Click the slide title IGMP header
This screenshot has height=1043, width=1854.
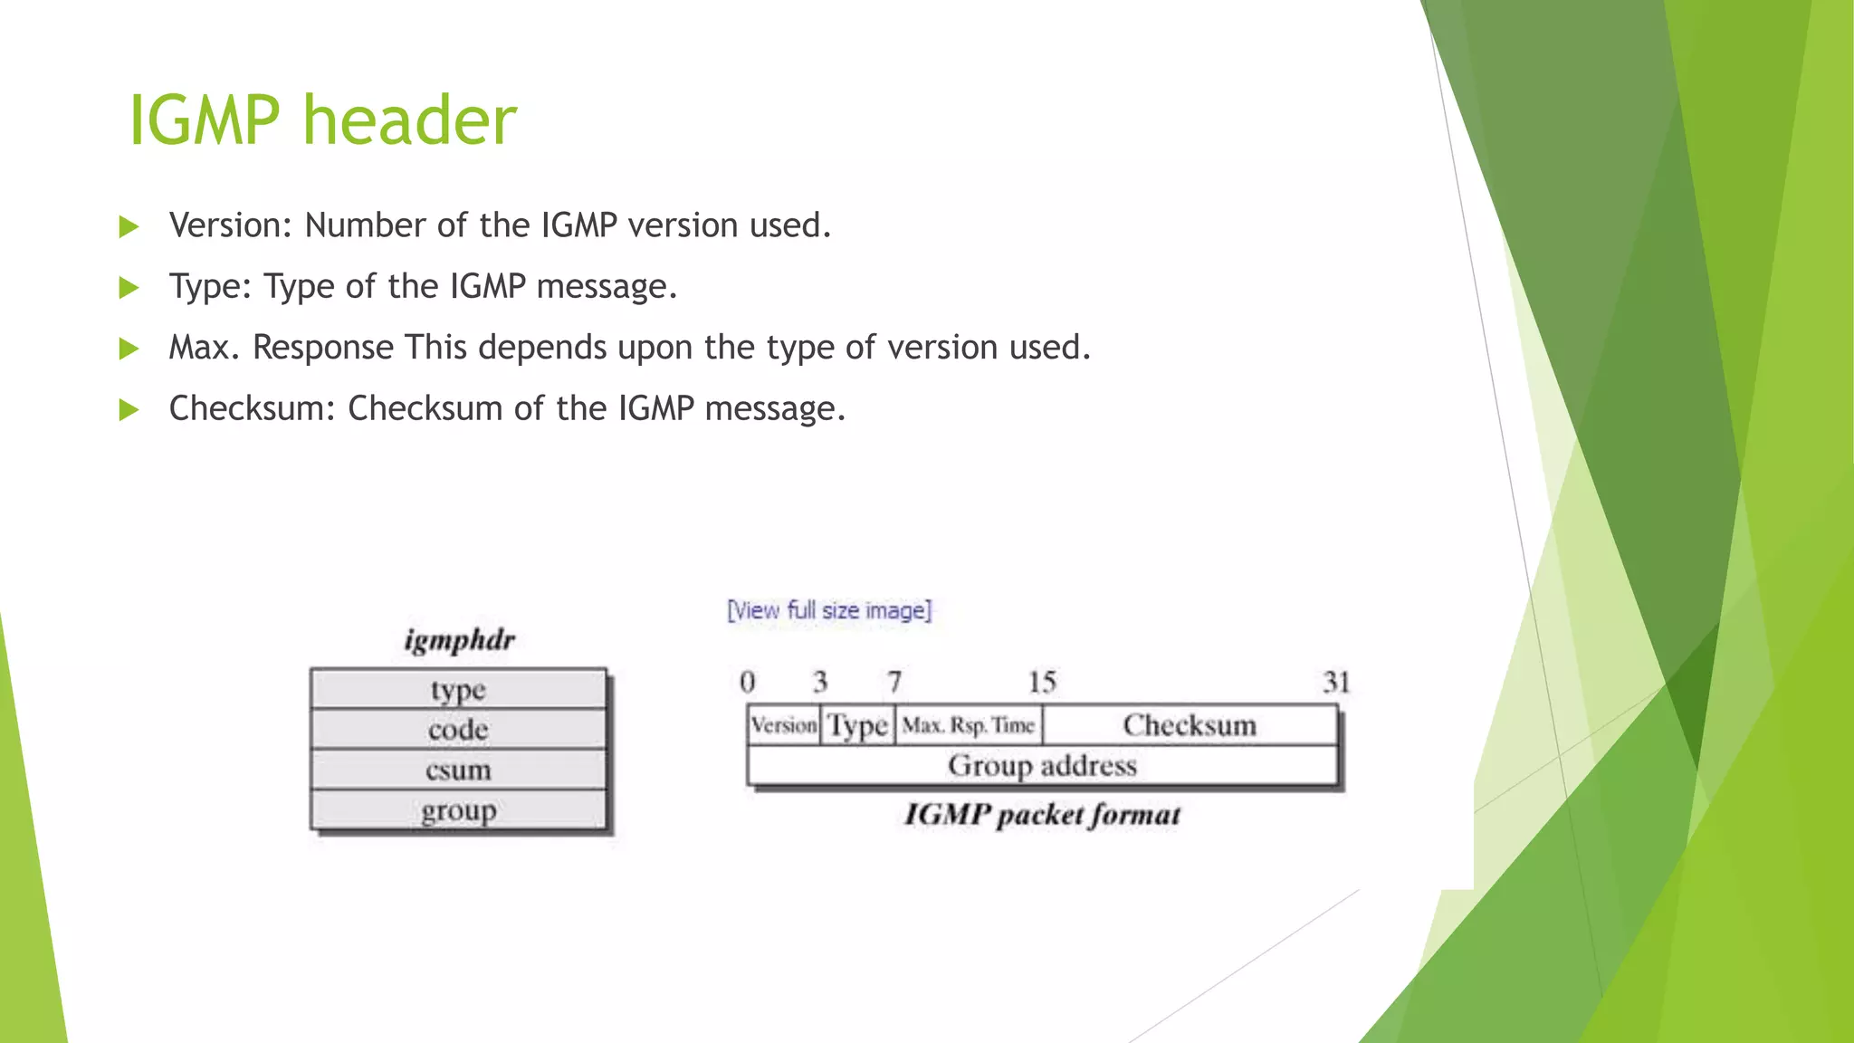coord(322,120)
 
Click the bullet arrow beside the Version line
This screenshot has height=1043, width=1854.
coord(129,226)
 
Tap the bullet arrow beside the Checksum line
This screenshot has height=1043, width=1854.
coord(129,410)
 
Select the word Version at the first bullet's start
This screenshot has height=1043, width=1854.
coord(226,225)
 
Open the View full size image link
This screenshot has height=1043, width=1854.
coord(829,610)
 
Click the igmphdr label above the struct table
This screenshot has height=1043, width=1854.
coord(459,640)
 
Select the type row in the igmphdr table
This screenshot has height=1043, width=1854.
coord(458,690)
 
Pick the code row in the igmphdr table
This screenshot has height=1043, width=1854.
coord(458,730)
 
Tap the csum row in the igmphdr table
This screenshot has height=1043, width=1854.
coord(458,770)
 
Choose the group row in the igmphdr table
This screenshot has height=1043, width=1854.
coord(458,810)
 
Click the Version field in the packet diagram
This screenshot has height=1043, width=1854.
coord(784,725)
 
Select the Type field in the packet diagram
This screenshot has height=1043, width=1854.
coord(858,725)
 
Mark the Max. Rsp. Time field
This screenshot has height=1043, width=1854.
coord(968,725)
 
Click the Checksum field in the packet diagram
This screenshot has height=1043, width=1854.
coord(1190,725)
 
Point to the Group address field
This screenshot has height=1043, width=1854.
coord(1042,766)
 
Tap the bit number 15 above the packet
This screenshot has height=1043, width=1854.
coord(1042,682)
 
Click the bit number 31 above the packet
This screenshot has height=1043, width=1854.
coord(1336,682)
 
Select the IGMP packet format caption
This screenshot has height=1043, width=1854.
coord(1042,815)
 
